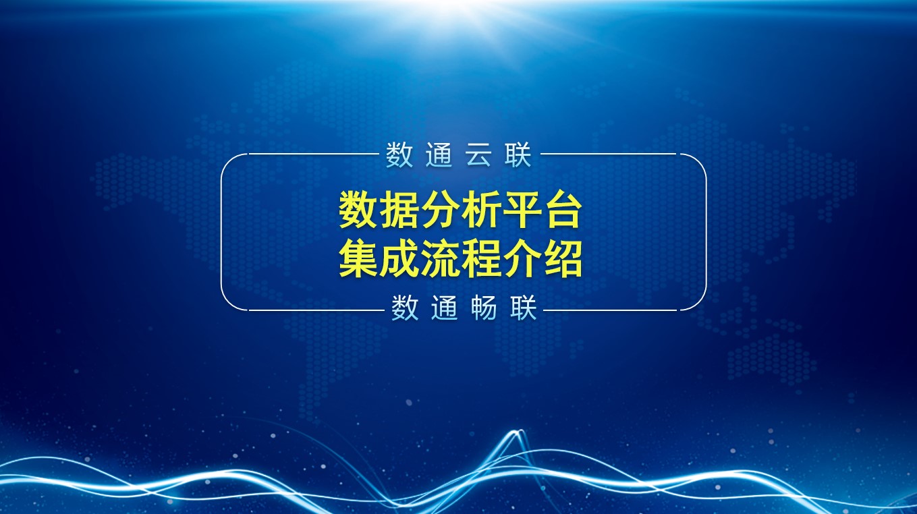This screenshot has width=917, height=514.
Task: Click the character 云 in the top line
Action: [x=478, y=154]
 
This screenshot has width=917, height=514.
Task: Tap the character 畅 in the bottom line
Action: [x=484, y=308]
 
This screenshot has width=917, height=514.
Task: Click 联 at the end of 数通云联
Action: [x=518, y=154]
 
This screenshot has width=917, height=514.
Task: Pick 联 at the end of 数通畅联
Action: [x=523, y=308]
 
